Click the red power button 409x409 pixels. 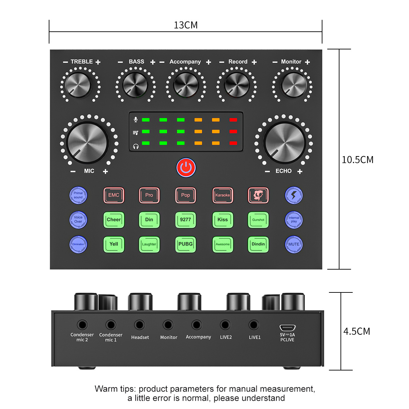[186, 167]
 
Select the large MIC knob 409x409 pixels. [88, 142]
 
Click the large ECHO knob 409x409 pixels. [285, 142]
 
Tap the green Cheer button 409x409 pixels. [113, 220]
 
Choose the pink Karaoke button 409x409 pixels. [223, 195]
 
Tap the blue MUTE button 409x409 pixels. [293, 244]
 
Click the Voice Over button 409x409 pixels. [78, 220]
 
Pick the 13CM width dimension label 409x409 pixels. [186, 25]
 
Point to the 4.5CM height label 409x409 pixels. [357, 331]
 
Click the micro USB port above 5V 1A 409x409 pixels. [287, 328]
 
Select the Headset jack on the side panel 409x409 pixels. [139, 325]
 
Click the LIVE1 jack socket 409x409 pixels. [254, 325]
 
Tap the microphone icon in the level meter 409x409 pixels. [136, 120]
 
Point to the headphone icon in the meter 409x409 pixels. [136, 146]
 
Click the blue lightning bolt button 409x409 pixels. [293, 195]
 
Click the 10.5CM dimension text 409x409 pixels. [358, 160]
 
